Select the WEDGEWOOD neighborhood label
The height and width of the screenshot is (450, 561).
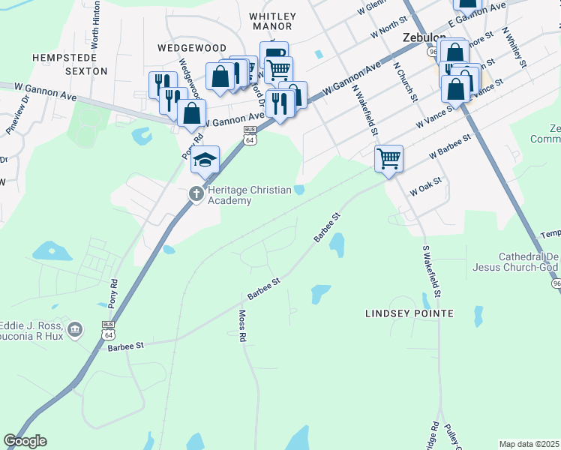pos(192,47)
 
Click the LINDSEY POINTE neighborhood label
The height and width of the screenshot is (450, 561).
pos(409,313)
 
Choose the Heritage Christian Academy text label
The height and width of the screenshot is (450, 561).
pos(250,195)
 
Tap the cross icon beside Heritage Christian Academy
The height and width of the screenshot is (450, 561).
pos(196,193)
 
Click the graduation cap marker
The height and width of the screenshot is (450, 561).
pos(205,160)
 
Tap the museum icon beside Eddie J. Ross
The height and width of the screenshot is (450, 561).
pos(74,329)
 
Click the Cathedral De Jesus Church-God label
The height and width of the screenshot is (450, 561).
pos(517,261)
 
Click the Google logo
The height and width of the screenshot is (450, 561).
pos(26,441)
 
